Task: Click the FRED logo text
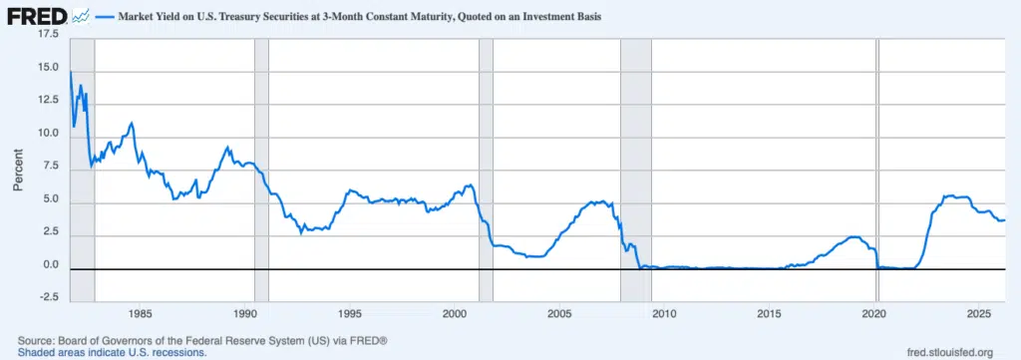(37, 16)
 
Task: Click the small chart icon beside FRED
(83, 16)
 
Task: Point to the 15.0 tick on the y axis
(48, 68)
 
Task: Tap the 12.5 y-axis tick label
(48, 101)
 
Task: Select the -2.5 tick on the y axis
(48, 298)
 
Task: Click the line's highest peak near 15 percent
(71, 71)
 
